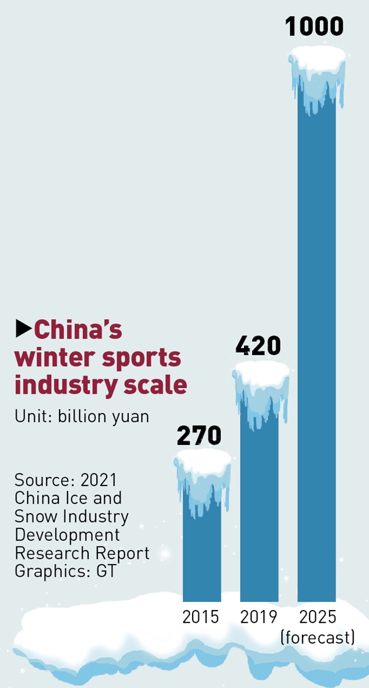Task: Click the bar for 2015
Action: pyautogui.click(x=202, y=545)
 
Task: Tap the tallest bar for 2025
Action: pyautogui.click(x=316, y=344)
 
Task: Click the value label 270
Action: pyautogui.click(x=199, y=436)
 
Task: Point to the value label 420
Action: pyautogui.click(x=258, y=346)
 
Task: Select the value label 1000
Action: pyautogui.click(x=315, y=27)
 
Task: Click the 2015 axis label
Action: pyautogui.click(x=201, y=617)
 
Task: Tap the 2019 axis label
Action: pyautogui.click(x=258, y=617)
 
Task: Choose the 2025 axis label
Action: pyautogui.click(x=317, y=617)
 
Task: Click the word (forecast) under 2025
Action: pyautogui.click(x=317, y=636)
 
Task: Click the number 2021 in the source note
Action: pyautogui.click(x=99, y=480)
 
